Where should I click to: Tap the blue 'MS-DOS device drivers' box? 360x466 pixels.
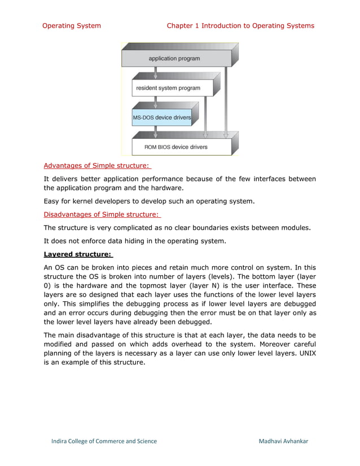tap(162, 117)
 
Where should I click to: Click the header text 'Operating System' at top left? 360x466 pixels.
tap(72, 25)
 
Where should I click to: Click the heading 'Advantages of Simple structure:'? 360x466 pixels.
tap(97, 165)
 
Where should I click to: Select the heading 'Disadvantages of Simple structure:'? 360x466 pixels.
tap(102, 214)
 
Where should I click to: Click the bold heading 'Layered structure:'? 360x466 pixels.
tap(78, 254)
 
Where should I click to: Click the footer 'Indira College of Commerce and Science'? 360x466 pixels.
tap(104, 441)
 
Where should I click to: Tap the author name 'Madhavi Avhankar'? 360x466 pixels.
tap(283, 441)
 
